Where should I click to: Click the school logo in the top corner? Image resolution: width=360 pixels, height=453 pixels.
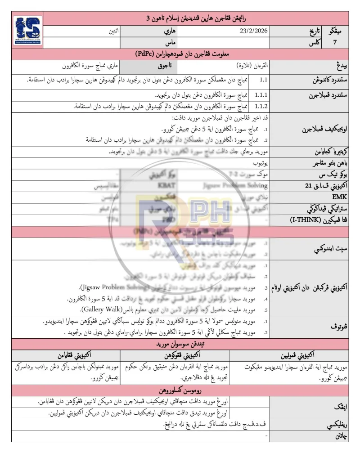(28, 32)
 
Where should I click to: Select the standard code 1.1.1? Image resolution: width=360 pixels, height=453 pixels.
(261, 96)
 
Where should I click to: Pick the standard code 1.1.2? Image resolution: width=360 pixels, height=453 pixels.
(261, 107)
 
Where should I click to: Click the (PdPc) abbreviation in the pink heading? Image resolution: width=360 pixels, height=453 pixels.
(149, 54)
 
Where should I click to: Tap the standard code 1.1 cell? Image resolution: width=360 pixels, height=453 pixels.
(265, 80)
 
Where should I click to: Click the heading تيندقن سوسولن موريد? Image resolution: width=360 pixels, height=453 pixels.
(180, 344)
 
